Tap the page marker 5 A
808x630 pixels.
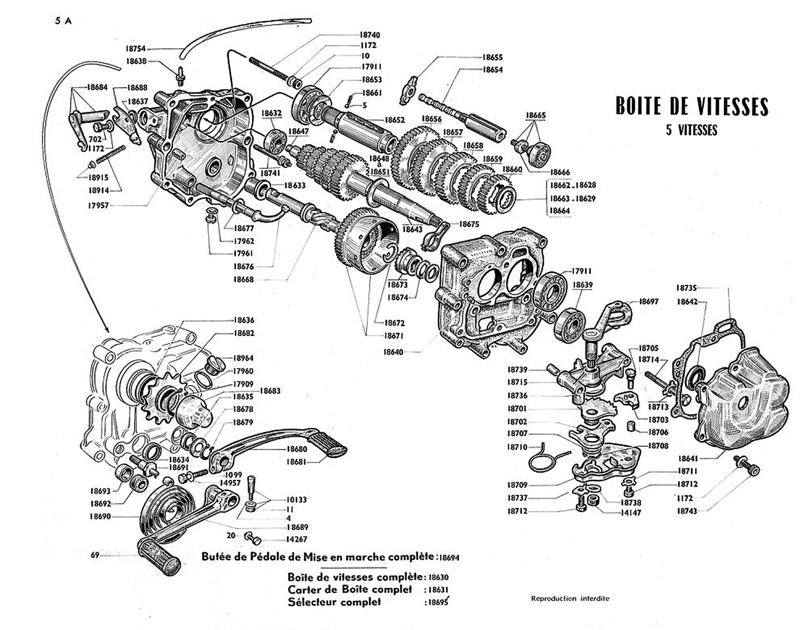pos(63,21)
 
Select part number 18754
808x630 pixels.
pos(136,49)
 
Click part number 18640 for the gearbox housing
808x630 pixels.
pos(393,351)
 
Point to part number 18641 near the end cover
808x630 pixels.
pos(687,458)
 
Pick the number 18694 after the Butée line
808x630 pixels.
pos(449,558)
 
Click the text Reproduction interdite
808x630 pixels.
pos(570,599)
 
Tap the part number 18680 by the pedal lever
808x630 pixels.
pos(297,449)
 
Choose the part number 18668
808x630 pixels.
pos(244,279)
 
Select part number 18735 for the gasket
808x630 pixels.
pos(687,288)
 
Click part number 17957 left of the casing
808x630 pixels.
pos(98,205)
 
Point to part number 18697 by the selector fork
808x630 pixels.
pos(649,301)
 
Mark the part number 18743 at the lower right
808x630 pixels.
pos(687,511)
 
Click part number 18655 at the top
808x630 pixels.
pos(493,57)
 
